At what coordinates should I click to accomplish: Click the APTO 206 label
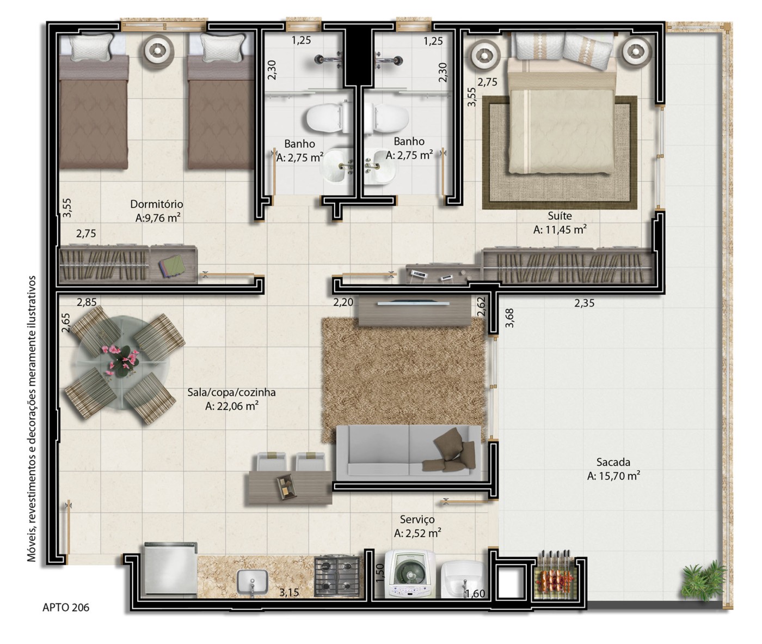(66, 607)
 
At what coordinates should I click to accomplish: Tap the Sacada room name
(613, 462)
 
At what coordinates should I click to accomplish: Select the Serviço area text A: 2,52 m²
(417, 533)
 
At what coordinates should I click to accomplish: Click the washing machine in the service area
(410, 574)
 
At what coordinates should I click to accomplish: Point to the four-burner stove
(337, 576)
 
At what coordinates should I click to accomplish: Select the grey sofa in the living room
(408, 452)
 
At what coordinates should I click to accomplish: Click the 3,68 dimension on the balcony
(509, 318)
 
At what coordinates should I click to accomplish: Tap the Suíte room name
(560, 216)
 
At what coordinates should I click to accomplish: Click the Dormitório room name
(157, 204)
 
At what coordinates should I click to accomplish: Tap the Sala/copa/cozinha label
(231, 392)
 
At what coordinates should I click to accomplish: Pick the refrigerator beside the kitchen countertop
(169, 569)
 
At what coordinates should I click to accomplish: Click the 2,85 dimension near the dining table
(87, 302)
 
